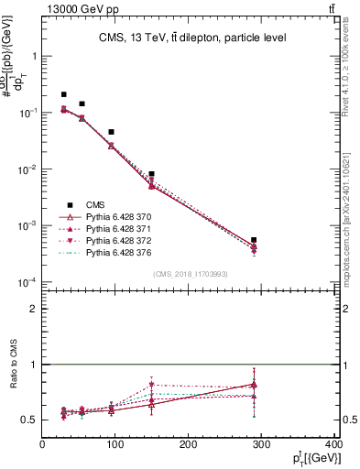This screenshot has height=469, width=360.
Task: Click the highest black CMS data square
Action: [x=64, y=94]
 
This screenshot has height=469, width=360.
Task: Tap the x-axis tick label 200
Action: [x=188, y=445]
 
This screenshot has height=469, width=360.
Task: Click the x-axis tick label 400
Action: [x=333, y=445]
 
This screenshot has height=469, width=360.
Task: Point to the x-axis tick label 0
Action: [x=42, y=445]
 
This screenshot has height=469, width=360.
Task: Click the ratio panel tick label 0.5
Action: [x=30, y=420]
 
